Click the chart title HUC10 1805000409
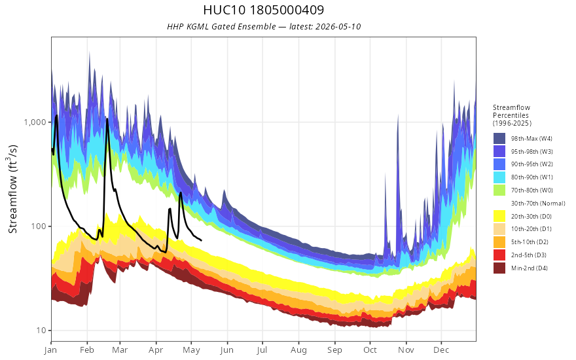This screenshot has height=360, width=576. point(263,10)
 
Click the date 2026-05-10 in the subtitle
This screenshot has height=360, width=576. point(338,27)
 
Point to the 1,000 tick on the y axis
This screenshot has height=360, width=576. point(35,122)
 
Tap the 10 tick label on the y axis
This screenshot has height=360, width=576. point(41,331)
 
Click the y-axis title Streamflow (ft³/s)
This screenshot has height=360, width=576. point(13,189)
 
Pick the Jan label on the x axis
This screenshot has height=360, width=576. point(51,350)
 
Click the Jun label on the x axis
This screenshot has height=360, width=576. point(227,350)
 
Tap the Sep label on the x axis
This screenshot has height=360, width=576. point(334,350)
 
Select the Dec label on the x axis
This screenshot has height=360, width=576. point(441,350)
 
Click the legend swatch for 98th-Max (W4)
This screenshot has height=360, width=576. point(499,139)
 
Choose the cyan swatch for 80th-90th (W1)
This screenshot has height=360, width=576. point(499,177)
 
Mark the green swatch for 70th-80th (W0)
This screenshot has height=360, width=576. point(499,190)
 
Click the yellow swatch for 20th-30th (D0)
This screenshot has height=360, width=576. point(499,216)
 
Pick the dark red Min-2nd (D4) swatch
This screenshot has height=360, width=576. point(499,268)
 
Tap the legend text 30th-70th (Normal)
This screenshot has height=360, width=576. point(538,203)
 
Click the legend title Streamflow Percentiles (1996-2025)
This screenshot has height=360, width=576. point(512,115)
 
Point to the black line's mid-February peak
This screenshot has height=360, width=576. point(107,118)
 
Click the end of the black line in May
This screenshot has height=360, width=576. point(201,240)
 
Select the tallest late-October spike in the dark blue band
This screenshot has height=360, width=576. point(397,115)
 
